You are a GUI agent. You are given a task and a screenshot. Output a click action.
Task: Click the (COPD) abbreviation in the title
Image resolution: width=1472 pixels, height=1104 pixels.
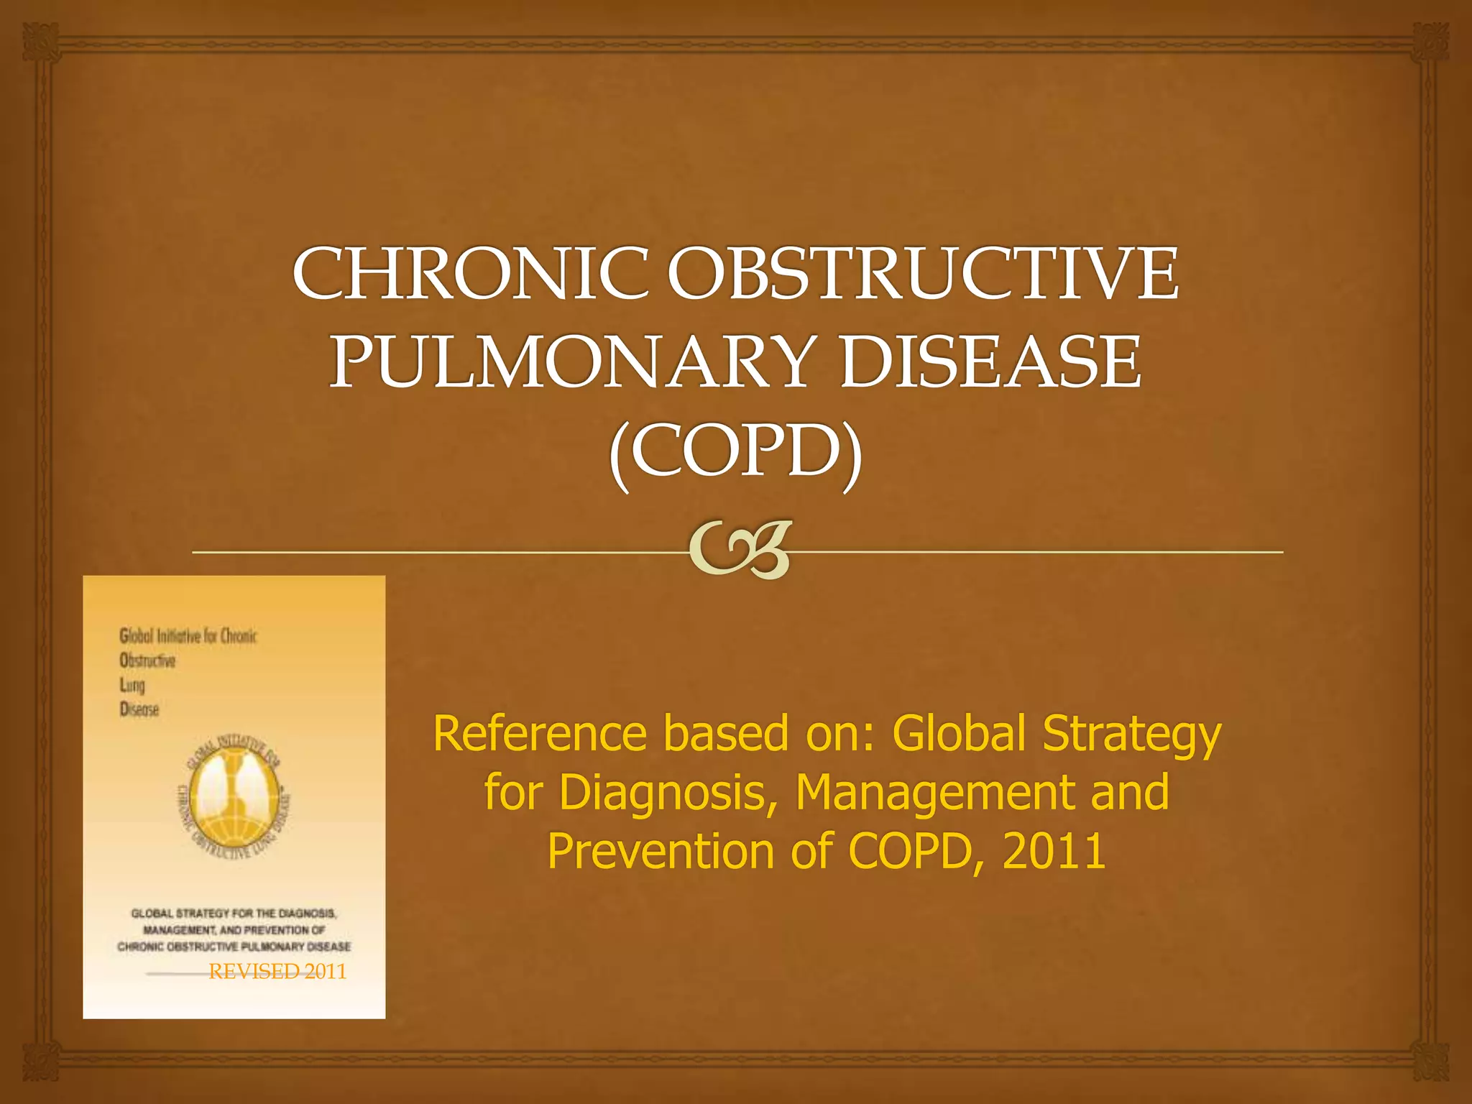[x=736, y=451]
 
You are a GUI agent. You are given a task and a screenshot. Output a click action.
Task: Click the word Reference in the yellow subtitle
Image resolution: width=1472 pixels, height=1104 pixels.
[x=540, y=734]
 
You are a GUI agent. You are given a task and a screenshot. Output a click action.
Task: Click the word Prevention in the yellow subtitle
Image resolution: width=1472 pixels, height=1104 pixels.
[x=658, y=851]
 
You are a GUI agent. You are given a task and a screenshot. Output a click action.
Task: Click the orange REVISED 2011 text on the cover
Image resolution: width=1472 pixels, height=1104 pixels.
[x=277, y=972]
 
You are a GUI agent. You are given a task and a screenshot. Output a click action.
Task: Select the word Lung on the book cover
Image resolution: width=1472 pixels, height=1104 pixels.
[x=132, y=685]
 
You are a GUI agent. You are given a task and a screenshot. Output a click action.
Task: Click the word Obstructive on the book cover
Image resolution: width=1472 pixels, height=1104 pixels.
[x=147, y=661]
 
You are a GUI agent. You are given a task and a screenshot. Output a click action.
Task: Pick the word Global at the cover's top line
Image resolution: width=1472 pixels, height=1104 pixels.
[x=134, y=636]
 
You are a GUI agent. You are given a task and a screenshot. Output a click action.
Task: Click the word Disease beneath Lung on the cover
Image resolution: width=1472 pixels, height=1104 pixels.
[x=139, y=709]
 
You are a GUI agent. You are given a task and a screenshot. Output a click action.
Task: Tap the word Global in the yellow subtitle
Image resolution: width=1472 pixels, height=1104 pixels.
[x=959, y=734]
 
